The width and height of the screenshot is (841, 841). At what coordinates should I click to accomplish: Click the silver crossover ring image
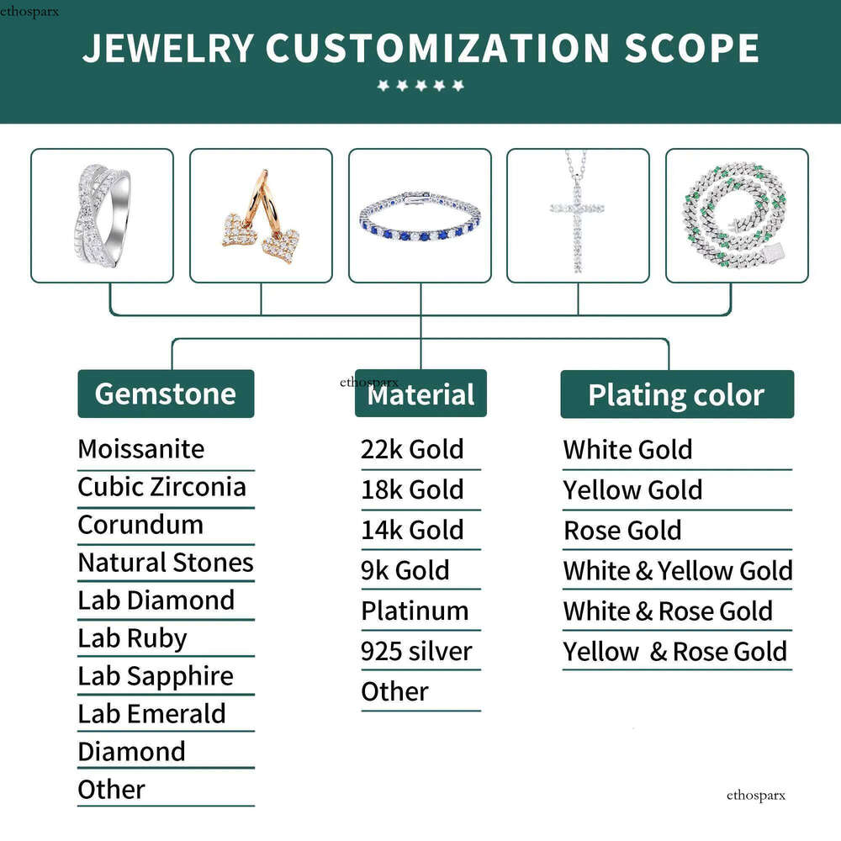103,215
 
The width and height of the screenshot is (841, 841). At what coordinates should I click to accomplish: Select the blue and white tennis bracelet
420,215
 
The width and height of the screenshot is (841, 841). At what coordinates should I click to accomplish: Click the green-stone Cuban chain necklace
737,215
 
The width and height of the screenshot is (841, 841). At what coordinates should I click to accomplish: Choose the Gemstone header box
166,394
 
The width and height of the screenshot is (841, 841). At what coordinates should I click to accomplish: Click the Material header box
421,393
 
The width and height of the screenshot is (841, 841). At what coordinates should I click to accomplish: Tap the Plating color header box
677,394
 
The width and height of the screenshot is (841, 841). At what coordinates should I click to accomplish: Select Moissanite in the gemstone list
141,449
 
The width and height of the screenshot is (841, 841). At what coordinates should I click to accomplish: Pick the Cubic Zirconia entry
162,486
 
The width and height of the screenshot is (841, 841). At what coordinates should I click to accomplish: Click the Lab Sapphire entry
156,677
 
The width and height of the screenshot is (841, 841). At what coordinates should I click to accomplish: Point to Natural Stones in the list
166,563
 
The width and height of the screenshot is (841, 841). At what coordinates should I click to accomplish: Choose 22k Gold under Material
412,449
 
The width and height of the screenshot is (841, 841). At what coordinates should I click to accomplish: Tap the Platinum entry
415,611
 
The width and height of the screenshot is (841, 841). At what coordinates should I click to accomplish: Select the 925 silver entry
417,651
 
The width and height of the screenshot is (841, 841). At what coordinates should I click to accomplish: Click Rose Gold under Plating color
622,531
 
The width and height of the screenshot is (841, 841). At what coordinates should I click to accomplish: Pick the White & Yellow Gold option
678,571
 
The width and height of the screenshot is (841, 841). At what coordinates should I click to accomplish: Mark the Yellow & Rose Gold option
675,652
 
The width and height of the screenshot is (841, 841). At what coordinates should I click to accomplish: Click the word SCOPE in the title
692,48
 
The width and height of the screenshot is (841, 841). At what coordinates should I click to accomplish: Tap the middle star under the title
421,85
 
